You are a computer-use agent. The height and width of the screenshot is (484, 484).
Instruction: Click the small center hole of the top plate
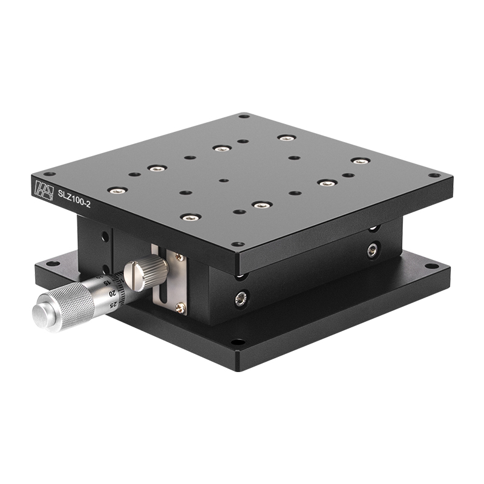[x=224, y=180]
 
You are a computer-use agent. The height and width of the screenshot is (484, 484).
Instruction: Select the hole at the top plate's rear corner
[x=244, y=116]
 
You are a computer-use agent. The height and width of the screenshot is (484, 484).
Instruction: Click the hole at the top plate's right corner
[x=448, y=176]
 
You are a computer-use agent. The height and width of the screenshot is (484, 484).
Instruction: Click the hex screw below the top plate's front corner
[x=241, y=298]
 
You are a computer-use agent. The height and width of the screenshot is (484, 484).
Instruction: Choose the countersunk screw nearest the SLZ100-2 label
[x=117, y=190]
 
